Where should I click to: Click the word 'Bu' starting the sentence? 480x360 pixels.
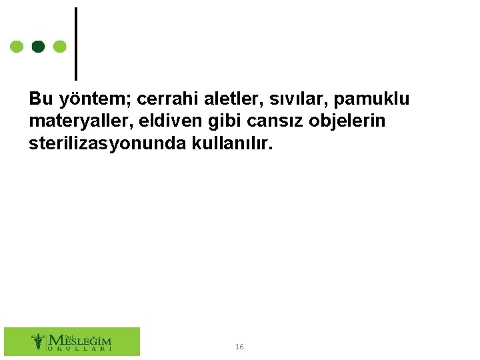tap(41, 99)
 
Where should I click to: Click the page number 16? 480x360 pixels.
tap(239, 347)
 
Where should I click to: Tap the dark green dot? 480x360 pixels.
tap(39, 47)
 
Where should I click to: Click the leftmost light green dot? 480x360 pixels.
tap(17, 47)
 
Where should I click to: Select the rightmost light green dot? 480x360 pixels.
tap(59, 47)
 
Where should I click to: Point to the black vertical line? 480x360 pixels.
tap(75, 43)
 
